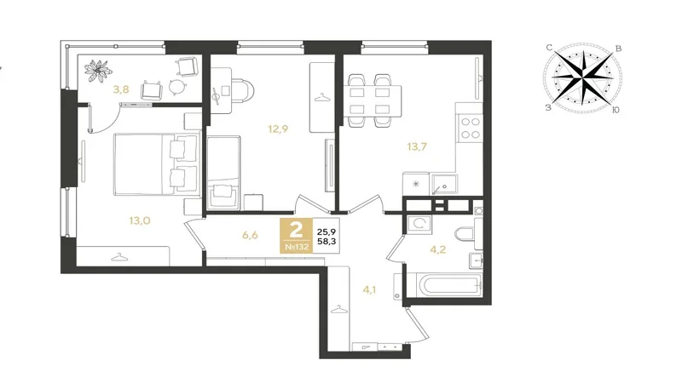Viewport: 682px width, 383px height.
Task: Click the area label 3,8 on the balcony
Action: point(121,89)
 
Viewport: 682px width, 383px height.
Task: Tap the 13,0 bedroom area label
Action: point(140,220)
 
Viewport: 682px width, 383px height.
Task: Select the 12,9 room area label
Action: point(278,129)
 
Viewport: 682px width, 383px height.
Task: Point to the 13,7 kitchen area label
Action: point(417,146)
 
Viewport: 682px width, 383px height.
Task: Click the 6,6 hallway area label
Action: point(250,236)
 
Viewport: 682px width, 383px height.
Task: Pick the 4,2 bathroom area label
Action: point(437,249)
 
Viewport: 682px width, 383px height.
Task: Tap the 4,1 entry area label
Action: point(369,289)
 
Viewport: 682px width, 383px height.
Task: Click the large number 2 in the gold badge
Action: point(296,230)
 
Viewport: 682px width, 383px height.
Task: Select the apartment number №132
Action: point(296,247)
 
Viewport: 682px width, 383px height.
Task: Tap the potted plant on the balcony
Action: point(98,71)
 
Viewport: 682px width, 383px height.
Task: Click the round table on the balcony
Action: point(176,87)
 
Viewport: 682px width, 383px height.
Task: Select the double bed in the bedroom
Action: point(156,164)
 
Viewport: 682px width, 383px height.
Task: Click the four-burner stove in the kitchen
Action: point(471,129)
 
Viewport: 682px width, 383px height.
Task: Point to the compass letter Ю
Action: point(616,110)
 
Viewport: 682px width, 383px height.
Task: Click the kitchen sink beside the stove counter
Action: point(443,184)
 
